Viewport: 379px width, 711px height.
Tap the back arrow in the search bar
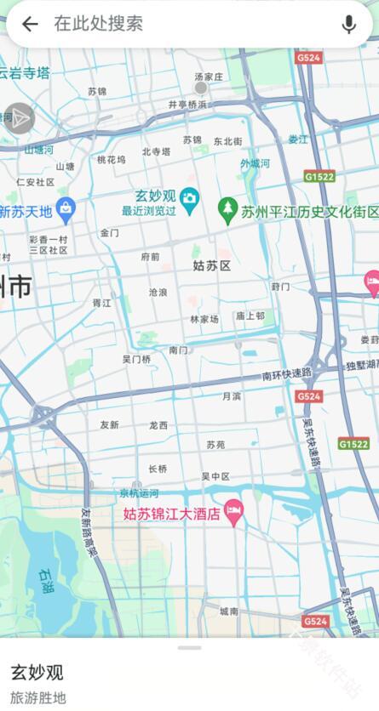click(x=30, y=24)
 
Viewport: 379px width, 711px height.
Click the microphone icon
click(x=348, y=24)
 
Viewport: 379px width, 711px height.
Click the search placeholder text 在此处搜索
click(x=98, y=24)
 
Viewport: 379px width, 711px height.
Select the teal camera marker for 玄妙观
click(x=189, y=197)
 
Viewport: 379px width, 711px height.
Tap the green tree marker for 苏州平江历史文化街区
click(x=227, y=207)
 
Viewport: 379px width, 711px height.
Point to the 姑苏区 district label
click(x=211, y=266)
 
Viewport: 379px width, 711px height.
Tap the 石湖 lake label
click(x=45, y=582)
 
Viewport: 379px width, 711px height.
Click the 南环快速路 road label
click(x=287, y=375)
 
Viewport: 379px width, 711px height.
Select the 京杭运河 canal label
click(x=138, y=493)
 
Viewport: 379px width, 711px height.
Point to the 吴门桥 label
click(x=136, y=360)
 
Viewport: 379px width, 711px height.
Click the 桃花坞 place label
click(x=111, y=159)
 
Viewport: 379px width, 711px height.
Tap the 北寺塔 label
click(x=156, y=152)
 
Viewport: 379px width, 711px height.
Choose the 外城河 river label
click(x=255, y=163)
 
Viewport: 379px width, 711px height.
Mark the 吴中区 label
click(x=215, y=476)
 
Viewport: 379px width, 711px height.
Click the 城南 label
click(x=228, y=611)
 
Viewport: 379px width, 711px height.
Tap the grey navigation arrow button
click(x=19, y=119)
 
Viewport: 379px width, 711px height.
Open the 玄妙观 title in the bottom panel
click(x=37, y=672)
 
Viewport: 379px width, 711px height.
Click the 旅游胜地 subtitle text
click(x=37, y=698)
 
